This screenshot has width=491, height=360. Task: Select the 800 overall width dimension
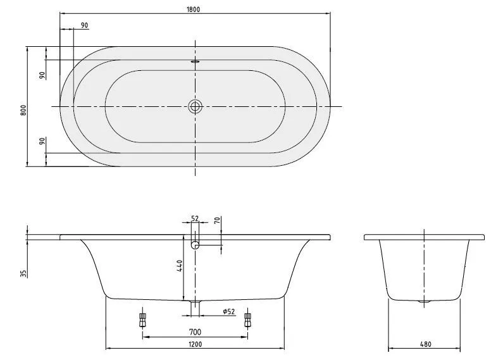point(23,109)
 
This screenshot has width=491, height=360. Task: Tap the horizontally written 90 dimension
point(84,25)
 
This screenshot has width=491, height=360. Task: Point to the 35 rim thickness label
point(23,273)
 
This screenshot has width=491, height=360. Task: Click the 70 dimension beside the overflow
point(216,221)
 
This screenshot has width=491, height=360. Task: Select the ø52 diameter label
point(228,311)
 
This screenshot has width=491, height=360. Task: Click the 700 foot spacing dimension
point(195,332)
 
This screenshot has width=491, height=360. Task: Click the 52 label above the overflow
point(195,218)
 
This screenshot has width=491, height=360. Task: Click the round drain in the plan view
point(195,106)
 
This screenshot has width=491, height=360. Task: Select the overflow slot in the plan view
point(195,62)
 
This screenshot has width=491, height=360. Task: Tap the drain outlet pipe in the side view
point(195,307)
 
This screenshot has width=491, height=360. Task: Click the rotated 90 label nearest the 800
point(42,75)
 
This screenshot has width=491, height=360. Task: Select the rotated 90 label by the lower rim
point(42,141)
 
